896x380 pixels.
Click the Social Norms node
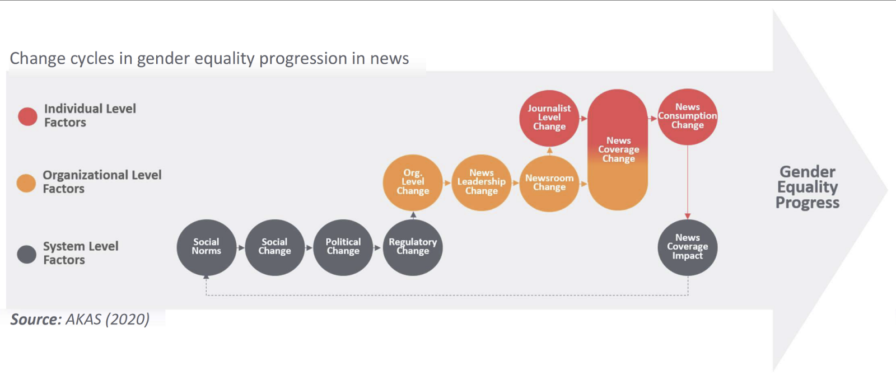point(207,247)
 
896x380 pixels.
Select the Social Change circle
point(275,247)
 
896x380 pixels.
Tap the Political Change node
point(343,247)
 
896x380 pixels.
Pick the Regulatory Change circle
point(413,247)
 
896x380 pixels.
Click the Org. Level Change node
point(413,182)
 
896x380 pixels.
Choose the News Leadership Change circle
point(482,182)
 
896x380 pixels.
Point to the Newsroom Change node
point(549,184)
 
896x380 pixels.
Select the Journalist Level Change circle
point(549,118)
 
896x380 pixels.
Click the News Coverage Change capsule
point(618,150)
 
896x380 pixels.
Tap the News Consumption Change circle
point(688,116)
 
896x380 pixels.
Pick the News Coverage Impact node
point(688,247)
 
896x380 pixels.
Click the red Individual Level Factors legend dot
point(27,116)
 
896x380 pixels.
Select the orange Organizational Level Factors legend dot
point(26,183)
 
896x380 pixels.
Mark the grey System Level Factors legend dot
point(27,255)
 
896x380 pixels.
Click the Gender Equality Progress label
point(807,187)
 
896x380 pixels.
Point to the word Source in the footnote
point(36,319)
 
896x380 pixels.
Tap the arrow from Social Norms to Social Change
point(240,248)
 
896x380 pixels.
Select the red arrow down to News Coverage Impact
point(688,182)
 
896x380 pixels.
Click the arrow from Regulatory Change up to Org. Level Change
point(413,215)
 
